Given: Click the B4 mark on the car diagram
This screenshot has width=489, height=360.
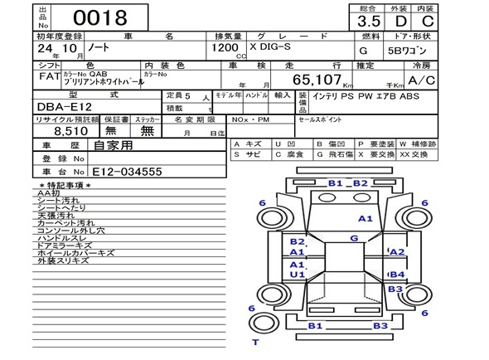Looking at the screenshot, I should coord(397,274).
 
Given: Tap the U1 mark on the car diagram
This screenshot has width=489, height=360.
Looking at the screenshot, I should coord(297,274).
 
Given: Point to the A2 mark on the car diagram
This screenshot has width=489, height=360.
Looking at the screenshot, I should coord(397,252).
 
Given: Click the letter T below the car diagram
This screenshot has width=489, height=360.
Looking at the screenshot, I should coord(255,342).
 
